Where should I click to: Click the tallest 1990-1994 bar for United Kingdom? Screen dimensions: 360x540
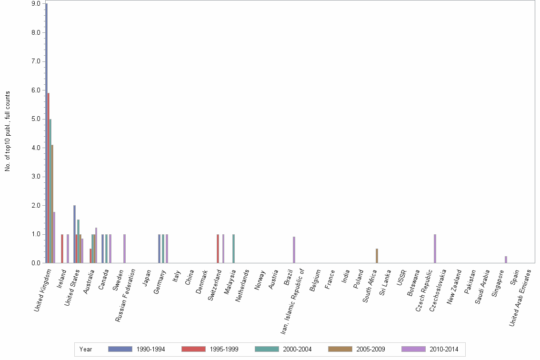tap(46, 133)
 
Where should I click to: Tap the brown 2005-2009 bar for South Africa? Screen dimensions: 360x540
tap(377, 256)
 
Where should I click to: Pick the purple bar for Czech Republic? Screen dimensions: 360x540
tap(435, 249)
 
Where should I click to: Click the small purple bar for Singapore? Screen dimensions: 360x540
tap(506, 260)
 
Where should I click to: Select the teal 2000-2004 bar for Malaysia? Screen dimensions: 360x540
tap(233, 249)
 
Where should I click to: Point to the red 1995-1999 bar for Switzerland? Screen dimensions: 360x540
tap(218, 249)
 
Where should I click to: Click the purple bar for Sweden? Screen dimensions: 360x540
tap(124, 249)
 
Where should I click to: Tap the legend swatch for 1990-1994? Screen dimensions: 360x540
tap(120, 349)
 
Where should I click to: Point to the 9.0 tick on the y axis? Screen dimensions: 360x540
tap(36, 4)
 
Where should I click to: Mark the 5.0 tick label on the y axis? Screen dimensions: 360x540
tap(36, 119)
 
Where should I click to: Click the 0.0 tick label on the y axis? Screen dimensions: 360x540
tap(36, 263)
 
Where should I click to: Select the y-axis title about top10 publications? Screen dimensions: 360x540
tap(8, 131)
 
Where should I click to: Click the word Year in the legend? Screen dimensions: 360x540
tap(86, 349)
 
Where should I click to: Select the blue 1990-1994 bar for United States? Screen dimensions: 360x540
tap(74, 234)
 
